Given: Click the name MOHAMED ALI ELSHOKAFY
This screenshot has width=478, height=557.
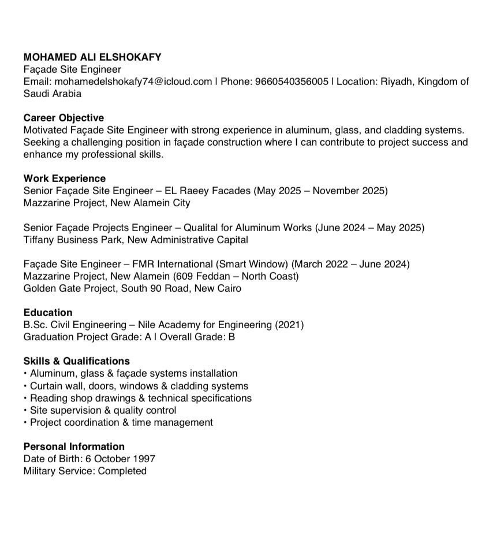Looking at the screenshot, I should (92, 57).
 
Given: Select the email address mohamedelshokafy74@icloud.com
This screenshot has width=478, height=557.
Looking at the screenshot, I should (133, 81).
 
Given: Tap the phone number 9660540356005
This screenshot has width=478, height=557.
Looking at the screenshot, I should (292, 81).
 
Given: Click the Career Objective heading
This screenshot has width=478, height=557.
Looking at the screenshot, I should (64, 118).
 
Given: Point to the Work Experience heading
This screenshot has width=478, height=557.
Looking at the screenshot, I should (65, 179).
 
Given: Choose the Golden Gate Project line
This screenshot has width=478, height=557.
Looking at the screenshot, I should (132, 288).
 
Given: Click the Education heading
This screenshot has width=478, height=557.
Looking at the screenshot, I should (48, 313).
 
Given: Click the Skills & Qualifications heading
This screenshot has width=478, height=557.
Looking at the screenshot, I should (77, 361).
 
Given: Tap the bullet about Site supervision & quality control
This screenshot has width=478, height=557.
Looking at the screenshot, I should (103, 410).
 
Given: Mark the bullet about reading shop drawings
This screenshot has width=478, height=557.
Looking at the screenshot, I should (140, 398).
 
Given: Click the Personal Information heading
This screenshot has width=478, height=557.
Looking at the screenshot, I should (74, 447).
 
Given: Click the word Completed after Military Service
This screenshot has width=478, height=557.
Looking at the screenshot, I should (122, 471).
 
